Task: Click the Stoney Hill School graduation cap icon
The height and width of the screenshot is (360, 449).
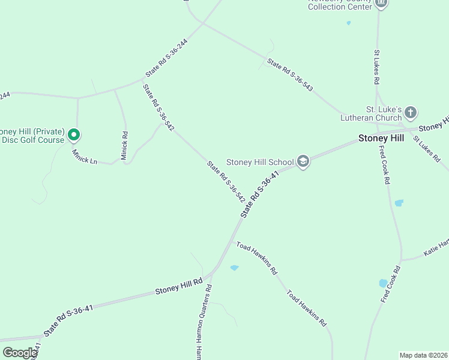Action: tap(303, 161)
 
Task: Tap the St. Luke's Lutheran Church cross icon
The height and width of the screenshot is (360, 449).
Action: tap(411, 112)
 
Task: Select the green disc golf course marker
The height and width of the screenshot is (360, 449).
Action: tap(73, 136)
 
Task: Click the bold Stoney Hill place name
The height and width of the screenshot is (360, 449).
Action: tap(381, 138)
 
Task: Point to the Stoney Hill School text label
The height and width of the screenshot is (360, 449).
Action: tap(260, 162)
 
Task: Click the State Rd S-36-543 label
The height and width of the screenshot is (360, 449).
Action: tap(290, 74)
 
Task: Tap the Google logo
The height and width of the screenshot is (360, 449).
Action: tap(20, 353)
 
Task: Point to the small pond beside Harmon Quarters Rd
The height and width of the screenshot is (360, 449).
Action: tap(234, 268)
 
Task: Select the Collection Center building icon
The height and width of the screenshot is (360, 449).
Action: tap(381, 4)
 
